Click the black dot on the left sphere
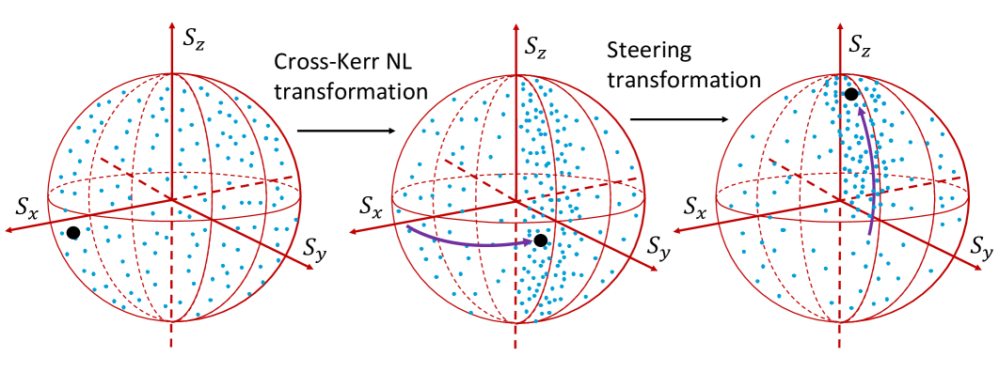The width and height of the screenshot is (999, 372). [72, 232]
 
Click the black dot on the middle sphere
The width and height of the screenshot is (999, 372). [540, 241]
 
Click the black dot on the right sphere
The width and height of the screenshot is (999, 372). [850, 94]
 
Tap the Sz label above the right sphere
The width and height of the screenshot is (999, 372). [860, 44]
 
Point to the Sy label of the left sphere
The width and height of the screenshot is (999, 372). [317, 249]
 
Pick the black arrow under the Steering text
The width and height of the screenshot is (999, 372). [679, 119]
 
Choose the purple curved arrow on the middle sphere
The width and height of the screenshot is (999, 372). [469, 240]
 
